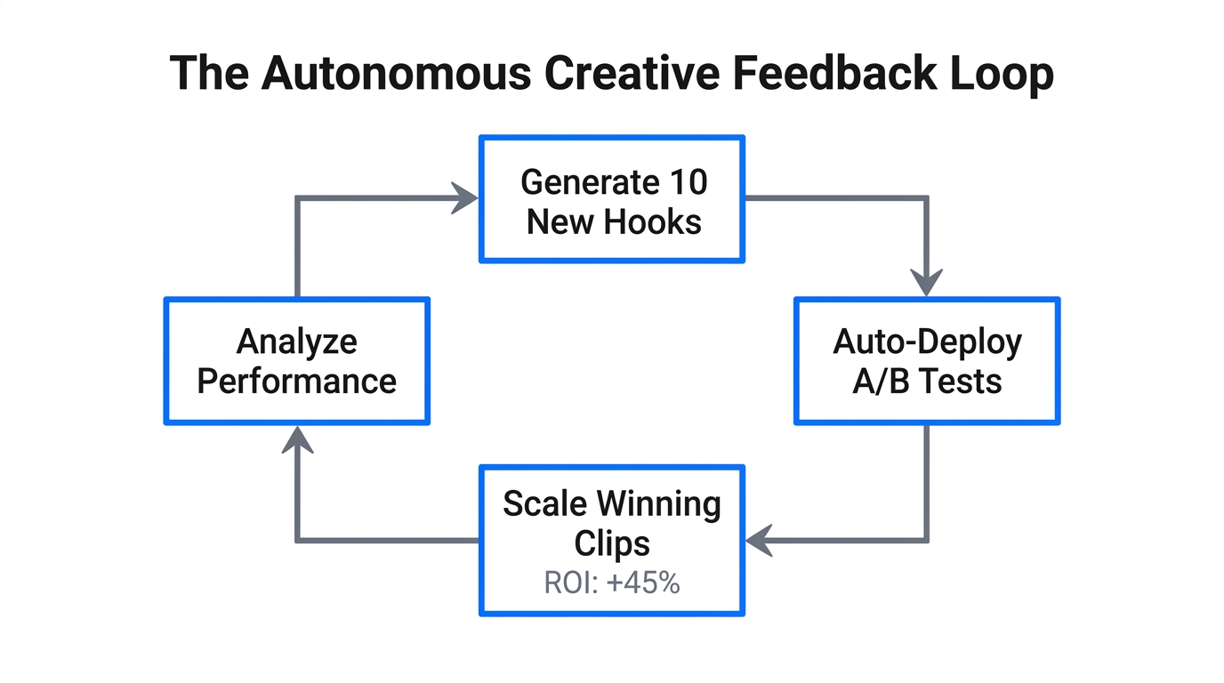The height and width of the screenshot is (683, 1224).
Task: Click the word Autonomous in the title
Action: [395, 74]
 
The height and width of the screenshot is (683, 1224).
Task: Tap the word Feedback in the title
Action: [834, 74]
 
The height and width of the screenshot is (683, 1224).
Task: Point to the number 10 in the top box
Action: [686, 182]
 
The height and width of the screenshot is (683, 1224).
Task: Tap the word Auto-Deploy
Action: [927, 342]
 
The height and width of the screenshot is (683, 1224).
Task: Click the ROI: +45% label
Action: [612, 583]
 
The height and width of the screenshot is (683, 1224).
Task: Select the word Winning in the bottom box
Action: [666, 504]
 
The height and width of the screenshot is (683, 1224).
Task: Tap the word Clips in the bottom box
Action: [612, 543]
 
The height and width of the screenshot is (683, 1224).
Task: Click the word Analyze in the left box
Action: [296, 342]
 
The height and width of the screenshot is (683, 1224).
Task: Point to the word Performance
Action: [296, 382]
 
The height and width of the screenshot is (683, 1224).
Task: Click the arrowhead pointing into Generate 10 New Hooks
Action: [465, 198]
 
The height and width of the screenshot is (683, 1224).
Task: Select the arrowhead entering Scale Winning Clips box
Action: [761, 540]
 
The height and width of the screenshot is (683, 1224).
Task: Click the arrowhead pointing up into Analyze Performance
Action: [296, 439]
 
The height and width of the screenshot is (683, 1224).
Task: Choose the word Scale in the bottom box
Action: [542, 504]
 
